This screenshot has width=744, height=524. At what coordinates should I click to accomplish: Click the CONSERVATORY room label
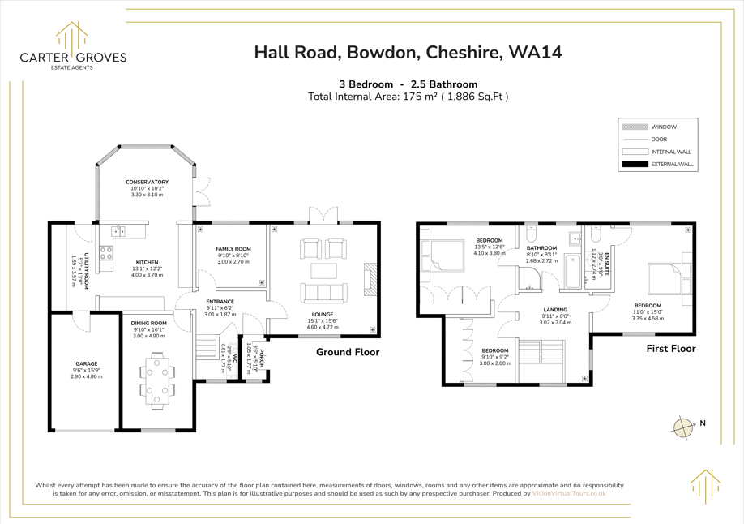tap(147, 182)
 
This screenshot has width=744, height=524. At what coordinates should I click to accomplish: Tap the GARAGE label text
tap(87, 364)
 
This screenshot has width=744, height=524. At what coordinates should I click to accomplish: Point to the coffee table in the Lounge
tap(323, 270)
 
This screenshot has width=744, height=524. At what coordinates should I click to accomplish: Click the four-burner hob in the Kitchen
tap(106, 253)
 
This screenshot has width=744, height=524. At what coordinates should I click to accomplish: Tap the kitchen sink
tap(118, 231)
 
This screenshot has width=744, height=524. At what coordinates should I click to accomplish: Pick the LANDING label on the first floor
tap(555, 310)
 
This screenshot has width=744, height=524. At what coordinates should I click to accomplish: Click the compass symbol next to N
tap(682, 427)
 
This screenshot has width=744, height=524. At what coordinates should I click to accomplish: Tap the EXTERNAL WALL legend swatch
tap(635, 165)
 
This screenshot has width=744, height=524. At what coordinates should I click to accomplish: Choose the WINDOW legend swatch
tap(635, 127)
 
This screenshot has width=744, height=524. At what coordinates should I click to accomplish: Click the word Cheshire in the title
tap(463, 52)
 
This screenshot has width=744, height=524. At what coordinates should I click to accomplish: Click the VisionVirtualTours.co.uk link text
tap(569, 494)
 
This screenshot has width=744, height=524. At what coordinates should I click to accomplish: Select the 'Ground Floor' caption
tap(348, 352)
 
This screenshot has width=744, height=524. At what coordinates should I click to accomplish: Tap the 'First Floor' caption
tap(671, 349)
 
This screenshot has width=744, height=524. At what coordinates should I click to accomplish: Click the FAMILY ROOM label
tap(233, 249)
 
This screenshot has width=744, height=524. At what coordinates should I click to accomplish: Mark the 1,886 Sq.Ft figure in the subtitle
tap(479, 97)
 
